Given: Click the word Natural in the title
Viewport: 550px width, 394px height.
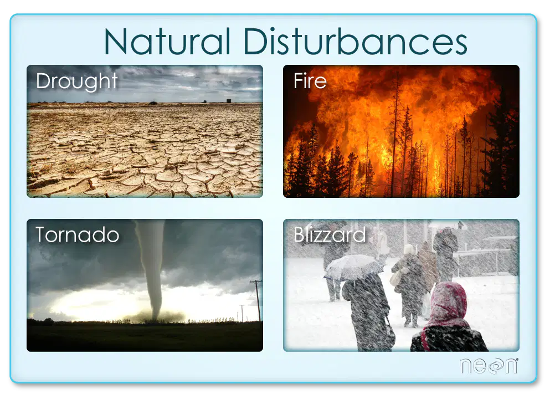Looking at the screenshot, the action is [x=167, y=42].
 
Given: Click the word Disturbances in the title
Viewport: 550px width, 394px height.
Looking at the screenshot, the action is [x=355, y=42].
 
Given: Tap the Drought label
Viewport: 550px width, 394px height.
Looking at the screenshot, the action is [x=77, y=82].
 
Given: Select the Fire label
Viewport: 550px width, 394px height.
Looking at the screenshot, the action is [x=310, y=81].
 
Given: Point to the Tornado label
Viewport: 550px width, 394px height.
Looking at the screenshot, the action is [x=77, y=234].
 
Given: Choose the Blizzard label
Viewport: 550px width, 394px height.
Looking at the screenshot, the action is [x=330, y=234].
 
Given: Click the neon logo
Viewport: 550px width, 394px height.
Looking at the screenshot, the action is [x=489, y=366].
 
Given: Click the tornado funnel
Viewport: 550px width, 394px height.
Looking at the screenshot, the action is [x=152, y=267].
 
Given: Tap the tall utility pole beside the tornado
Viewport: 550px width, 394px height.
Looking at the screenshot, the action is [x=258, y=300].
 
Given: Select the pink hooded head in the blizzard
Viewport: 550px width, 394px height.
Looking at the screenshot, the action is [x=448, y=301].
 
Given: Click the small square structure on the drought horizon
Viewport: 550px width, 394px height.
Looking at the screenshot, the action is [x=229, y=101].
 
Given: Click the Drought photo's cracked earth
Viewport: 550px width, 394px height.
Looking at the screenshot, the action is [x=145, y=150].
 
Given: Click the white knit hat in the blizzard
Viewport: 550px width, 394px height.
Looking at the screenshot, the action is [x=409, y=249].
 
